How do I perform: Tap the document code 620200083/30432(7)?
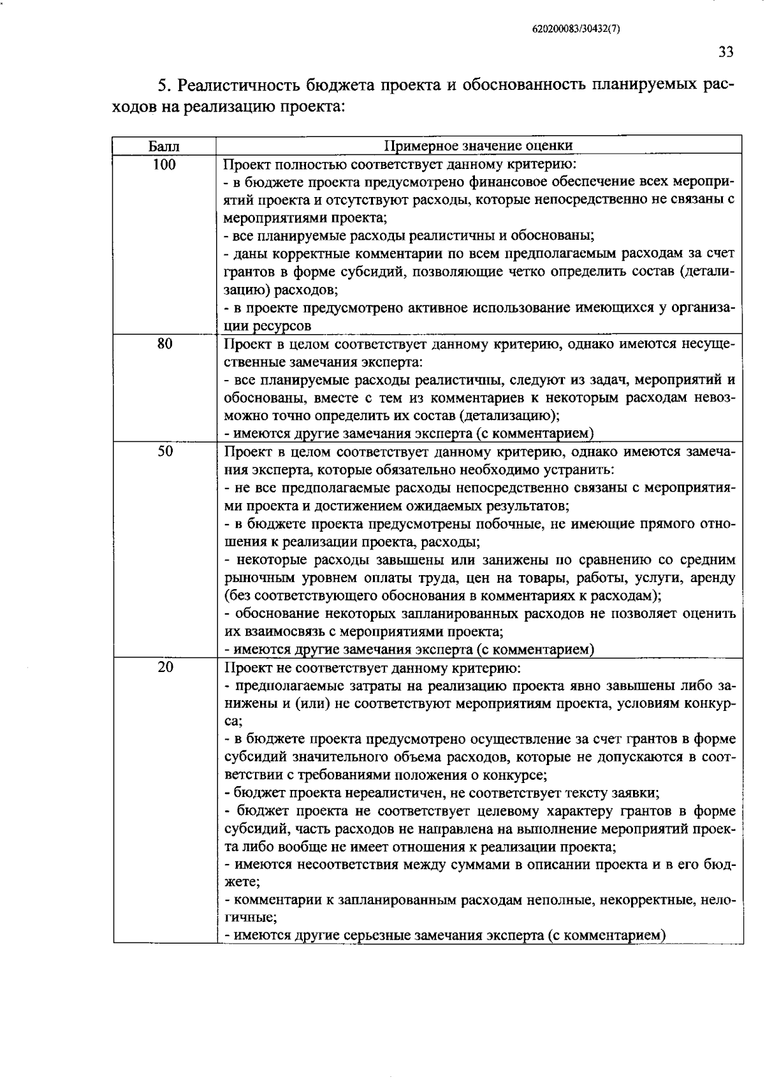[x=576, y=29]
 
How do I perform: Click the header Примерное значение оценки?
[x=479, y=146]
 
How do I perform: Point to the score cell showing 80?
[x=164, y=344]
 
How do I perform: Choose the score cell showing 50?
[x=164, y=451]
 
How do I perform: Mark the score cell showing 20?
[x=164, y=668]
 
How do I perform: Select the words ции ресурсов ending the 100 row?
[x=267, y=326]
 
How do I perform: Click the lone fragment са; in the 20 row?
[x=233, y=722]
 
